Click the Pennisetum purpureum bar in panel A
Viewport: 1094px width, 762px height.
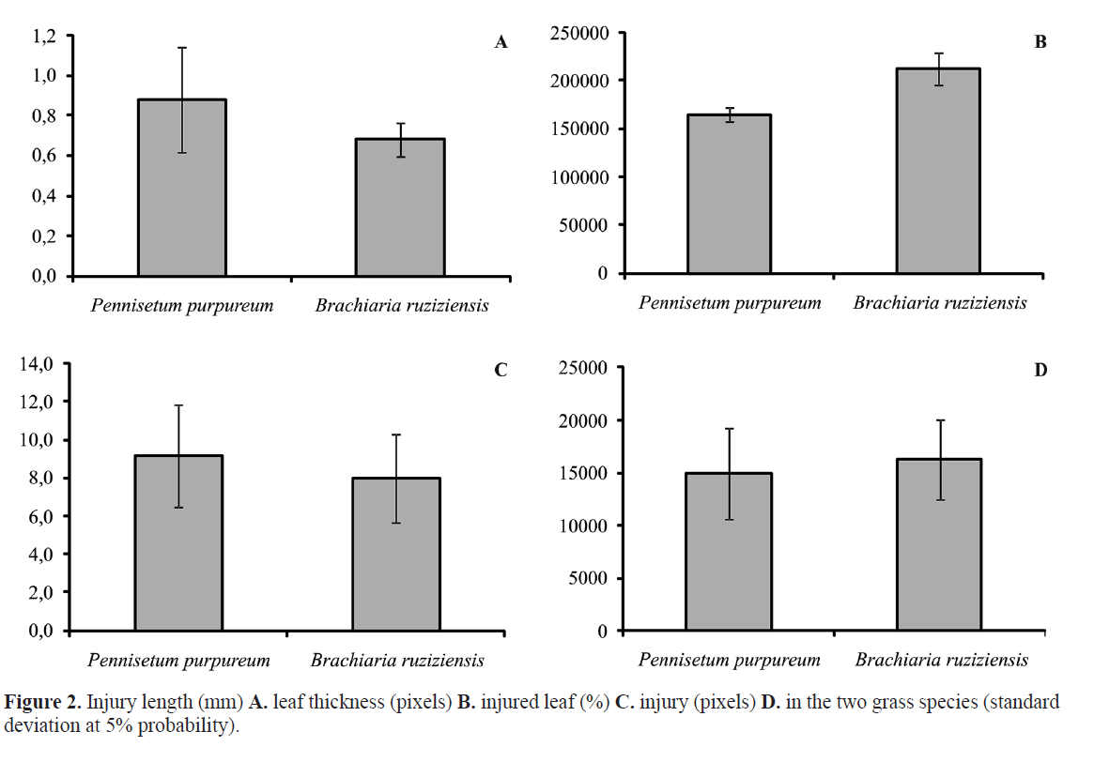181,188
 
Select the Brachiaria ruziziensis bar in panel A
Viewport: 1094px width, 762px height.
400,207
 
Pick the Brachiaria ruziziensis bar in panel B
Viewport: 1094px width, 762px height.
937,171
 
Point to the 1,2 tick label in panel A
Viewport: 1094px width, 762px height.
46,36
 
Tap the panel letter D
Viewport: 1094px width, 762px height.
1040,370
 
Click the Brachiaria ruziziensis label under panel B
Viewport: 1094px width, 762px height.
940,303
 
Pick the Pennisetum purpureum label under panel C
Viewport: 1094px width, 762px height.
178,661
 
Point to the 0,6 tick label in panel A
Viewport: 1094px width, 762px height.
46,156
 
